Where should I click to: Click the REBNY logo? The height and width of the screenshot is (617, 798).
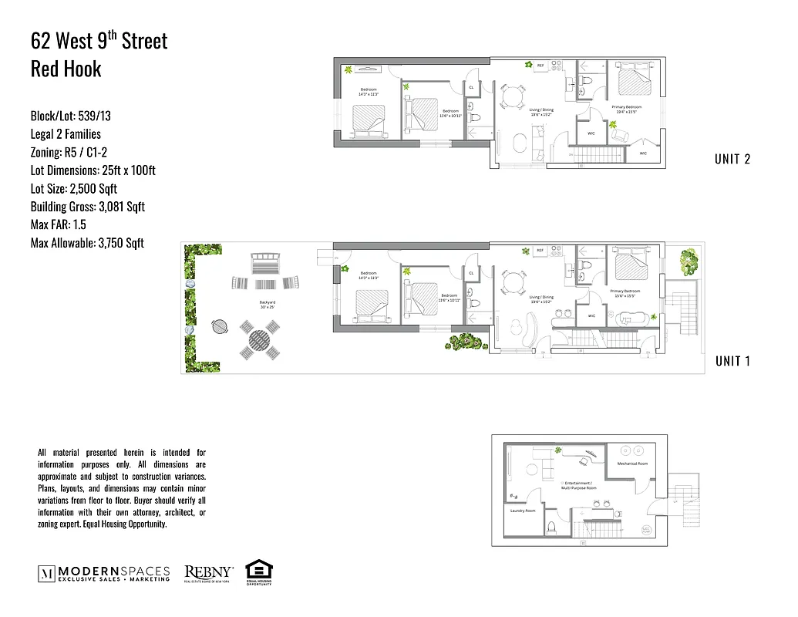(x=209, y=572)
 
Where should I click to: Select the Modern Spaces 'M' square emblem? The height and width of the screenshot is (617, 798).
(x=46, y=573)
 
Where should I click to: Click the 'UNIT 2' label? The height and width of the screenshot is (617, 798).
(x=732, y=160)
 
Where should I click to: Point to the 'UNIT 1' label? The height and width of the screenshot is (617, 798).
(x=732, y=361)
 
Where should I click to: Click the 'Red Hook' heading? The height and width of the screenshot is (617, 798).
(x=66, y=69)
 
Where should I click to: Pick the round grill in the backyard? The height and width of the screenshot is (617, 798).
(x=221, y=325)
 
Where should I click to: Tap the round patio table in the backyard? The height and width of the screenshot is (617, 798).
(x=260, y=341)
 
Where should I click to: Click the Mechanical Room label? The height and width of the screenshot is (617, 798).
(x=632, y=464)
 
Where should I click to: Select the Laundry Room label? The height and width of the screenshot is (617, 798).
(x=523, y=511)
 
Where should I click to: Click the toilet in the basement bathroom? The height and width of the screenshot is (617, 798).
(x=551, y=528)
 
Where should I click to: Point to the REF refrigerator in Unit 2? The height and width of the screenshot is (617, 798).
(x=540, y=66)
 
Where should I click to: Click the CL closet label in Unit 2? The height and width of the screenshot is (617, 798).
(x=471, y=88)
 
